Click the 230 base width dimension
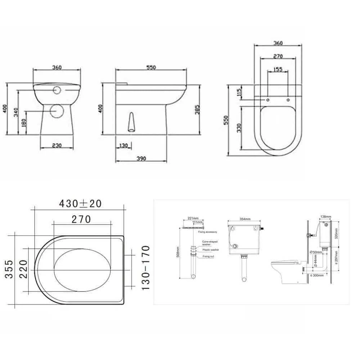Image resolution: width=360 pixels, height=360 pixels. point(57,145)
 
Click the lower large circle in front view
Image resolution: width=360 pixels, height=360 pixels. point(56,110)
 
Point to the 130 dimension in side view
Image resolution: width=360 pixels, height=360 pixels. point(123,145)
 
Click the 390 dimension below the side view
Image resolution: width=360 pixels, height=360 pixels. point(141,159)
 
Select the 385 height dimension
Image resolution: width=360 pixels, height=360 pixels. point(197,108)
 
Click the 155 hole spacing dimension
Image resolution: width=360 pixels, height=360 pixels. point(278,69)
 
